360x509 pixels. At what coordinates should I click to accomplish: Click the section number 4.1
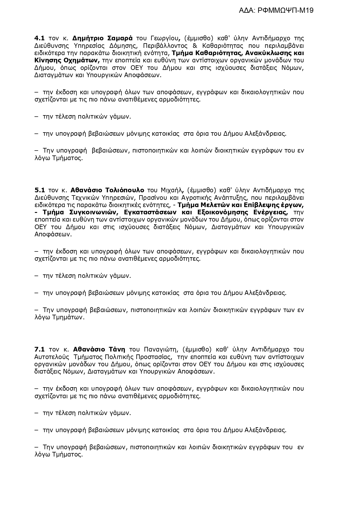[39, 38]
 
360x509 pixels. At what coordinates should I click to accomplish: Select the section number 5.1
[39, 190]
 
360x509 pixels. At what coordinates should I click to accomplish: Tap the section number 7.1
[39, 349]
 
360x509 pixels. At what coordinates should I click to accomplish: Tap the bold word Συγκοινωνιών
[93, 212]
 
